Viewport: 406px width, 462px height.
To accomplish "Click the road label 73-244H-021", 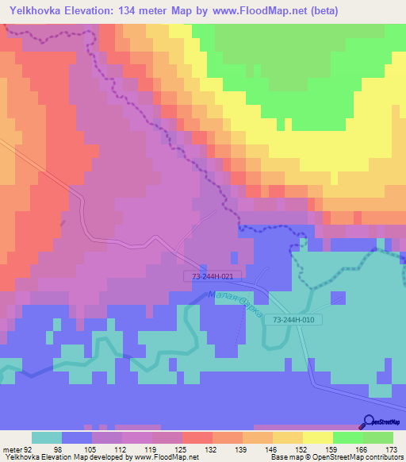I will coord(213,276).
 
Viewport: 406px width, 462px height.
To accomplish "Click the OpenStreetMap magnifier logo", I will coord(369,422).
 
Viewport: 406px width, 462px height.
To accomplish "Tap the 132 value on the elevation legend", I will coord(212,449).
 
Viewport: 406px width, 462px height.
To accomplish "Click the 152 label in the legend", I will coord(302,449).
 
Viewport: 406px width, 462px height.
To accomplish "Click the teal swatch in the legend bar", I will coord(46,437).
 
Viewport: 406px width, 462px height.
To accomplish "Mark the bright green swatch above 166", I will coord(347,437).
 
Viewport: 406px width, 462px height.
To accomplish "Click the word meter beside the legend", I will coord(10,449).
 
